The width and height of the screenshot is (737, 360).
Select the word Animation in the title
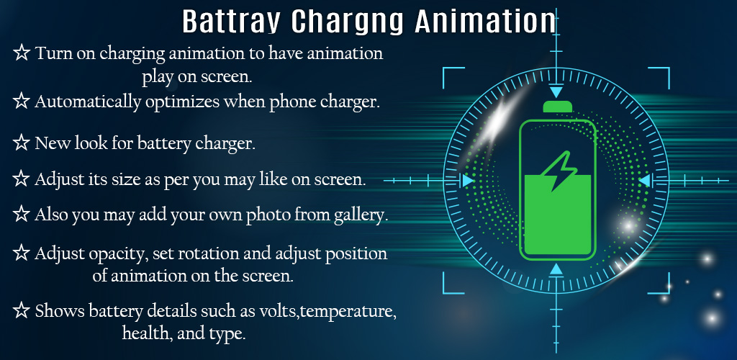pyautogui.click(x=485, y=21)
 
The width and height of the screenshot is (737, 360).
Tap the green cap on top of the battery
pyautogui.click(x=558, y=107)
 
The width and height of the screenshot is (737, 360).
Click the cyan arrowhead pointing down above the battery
pyautogui.click(x=556, y=91)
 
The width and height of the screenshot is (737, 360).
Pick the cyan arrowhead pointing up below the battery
pyautogui.click(x=556, y=269)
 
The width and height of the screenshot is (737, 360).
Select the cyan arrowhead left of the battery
pyautogui.click(x=468, y=181)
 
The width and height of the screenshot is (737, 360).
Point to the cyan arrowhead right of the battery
pyautogui.click(x=644, y=181)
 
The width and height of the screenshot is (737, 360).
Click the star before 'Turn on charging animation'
pyautogui.click(x=21, y=53)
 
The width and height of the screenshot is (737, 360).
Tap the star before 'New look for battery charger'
pyautogui.click(x=21, y=143)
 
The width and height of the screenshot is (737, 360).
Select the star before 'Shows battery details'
pyautogui.click(x=21, y=310)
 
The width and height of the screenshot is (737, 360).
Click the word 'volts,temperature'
pyautogui.click(x=327, y=312)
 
